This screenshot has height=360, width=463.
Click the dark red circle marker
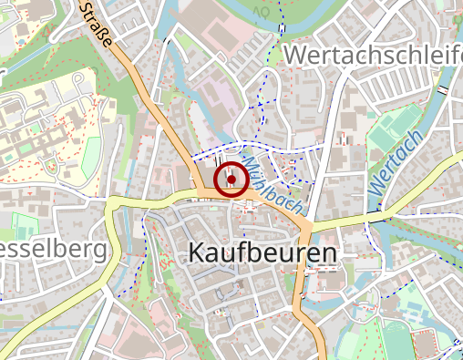point(231,180)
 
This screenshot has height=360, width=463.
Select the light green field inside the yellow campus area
point(90,156)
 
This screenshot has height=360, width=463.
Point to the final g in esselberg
point(99,251)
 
